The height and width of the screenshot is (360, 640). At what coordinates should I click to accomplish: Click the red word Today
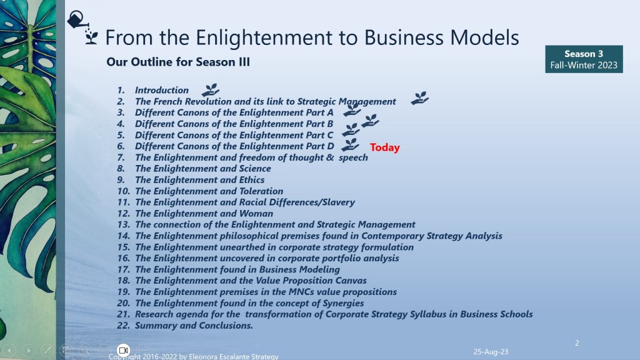coord(384,147)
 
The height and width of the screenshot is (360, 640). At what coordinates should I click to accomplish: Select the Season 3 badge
coord(584,59)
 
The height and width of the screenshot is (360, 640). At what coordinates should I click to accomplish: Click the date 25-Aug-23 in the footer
coord(491,351)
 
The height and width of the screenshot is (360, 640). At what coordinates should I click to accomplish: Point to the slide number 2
coord(577,343)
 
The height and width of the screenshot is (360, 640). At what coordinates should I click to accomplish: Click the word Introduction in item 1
coord(162,90)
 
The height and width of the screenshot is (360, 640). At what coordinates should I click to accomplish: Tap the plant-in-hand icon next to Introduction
coord(210,90)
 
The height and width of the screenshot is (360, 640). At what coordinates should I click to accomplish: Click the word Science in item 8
coord(255,169)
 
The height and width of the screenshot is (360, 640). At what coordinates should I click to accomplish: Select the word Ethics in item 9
coord(251,179)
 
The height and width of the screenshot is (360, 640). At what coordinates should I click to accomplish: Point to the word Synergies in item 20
coord(343,303)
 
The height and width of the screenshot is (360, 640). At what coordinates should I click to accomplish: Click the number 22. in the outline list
coord(123,326)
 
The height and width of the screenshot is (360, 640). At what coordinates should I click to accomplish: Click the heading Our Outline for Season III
coord(178,62)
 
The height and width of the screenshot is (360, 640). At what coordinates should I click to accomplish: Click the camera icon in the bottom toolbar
coord(123,350)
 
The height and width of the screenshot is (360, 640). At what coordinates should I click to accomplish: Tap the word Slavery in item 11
coord(338,202)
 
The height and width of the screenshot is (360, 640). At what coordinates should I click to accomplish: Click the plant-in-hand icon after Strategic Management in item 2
coord(419,98)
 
